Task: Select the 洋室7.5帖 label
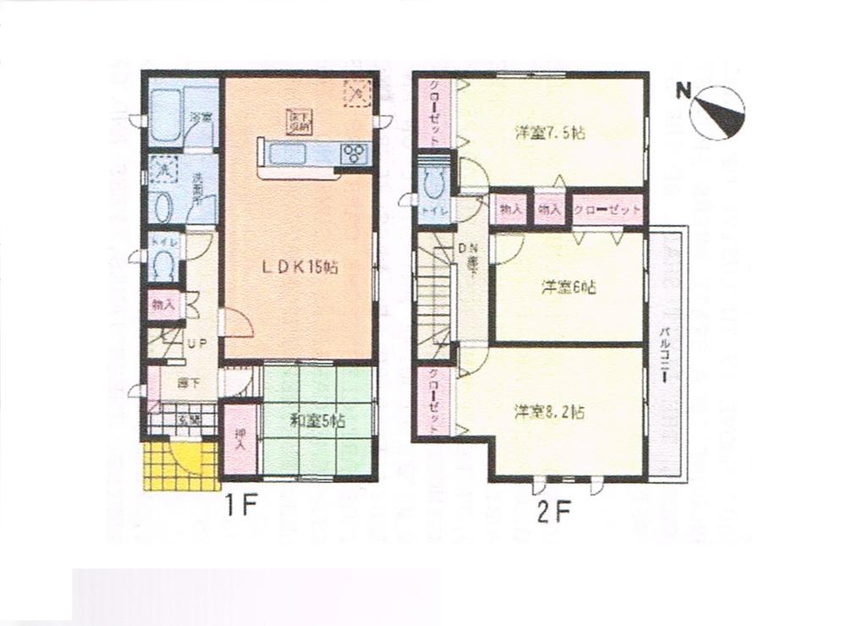[x=552, y=133]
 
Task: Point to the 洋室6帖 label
[x=569, y=288]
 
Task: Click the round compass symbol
[x=718, y=113]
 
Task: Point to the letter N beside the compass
[x=683, y=90]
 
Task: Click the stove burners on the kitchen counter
[x=354, y=153]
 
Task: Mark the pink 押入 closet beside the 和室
[x=241, y=439]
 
